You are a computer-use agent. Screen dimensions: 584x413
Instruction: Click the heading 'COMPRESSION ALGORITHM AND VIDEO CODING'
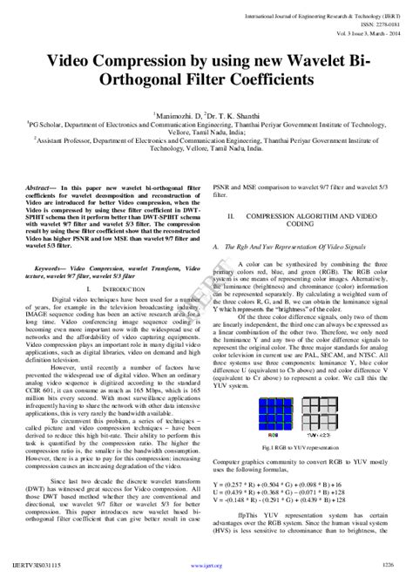point(310,218)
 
